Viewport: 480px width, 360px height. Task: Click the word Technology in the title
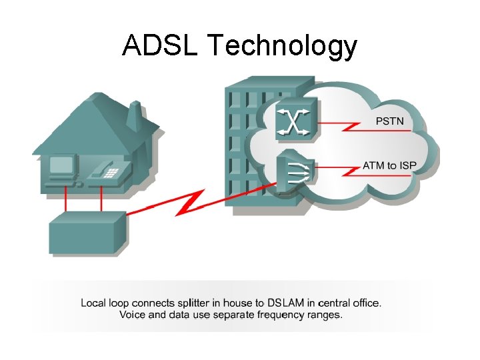point(282,47)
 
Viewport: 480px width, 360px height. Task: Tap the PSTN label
point(389,122)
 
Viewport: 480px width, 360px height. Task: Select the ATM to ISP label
point(390,165)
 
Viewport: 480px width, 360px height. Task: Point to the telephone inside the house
point(104,171)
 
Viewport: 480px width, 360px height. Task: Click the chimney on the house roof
point(135,115)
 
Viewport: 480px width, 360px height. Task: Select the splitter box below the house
point(87,233)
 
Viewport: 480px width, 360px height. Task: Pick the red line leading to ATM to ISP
point(340,171)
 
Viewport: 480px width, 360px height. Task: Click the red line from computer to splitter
point(65,200)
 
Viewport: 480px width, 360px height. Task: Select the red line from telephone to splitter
point(101,200)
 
